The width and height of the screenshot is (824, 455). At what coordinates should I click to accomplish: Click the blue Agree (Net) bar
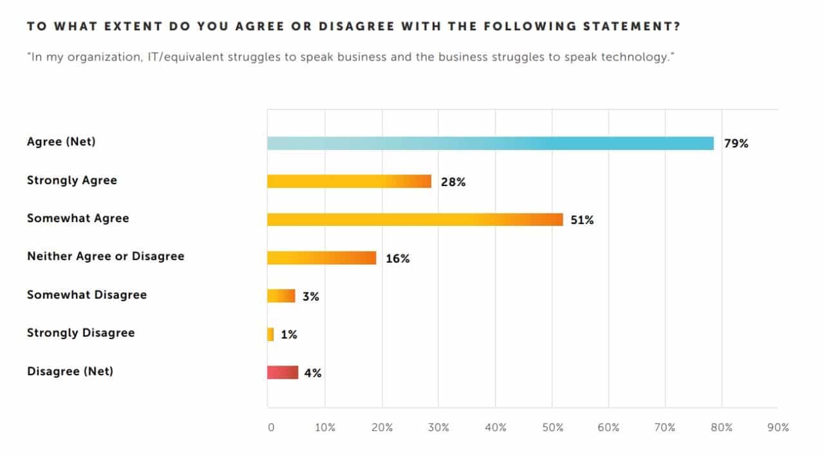pyautogui.click(x=490, y=143)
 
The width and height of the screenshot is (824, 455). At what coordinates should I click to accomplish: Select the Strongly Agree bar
pyautogui.click(x=349, y=181)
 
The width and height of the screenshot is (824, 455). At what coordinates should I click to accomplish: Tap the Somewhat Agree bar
pyautogui.click(x=415, y=219)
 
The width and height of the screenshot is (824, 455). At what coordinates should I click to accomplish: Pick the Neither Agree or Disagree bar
pyautogui.click(x=321, y=258)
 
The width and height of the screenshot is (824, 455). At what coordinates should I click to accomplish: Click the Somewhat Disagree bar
pyautogui.click(x=281, y=296)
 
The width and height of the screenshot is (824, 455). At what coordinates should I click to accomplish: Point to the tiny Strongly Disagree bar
pyautogui.click(x=270, y=334)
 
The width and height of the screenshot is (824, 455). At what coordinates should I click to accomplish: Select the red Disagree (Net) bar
pyautogui.click(x=283, y=372)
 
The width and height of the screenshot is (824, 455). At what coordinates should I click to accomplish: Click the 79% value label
pyautogui.click(x=736, y=144)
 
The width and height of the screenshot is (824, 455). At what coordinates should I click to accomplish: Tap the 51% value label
pyautogui.click(x=582, y=220)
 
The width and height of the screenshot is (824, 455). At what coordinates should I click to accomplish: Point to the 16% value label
pyautogui.click(x=397, y=259)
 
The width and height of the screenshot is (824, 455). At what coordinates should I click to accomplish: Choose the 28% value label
pyautogui.click(x=453, y=182)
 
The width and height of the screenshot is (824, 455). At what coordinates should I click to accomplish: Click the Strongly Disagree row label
pyautogui.click(x=80, y=333)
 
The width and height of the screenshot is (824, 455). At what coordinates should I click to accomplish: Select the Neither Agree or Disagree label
pyautogui.click(x=106, y=256)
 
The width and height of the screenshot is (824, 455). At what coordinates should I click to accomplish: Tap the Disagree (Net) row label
pyautogui.click(x=70, y=371)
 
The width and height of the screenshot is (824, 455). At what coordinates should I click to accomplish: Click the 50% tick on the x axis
pyautogui.click(x=552, y=427)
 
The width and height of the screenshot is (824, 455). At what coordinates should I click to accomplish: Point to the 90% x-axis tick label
pyautogui.click(x=778, y=427)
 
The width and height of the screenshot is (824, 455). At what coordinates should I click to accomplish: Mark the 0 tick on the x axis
pyautogui.click(x=271, y=427)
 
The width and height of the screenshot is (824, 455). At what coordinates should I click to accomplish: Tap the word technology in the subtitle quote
pyautogui.click(x=633, y=57)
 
